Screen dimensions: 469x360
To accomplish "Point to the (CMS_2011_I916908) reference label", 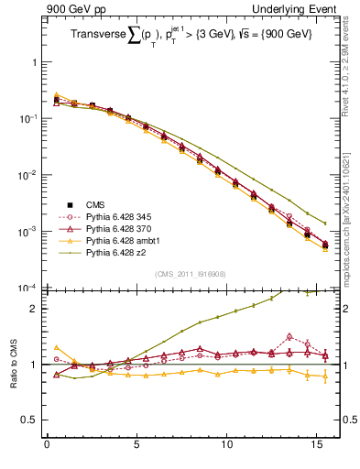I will pos(190,273).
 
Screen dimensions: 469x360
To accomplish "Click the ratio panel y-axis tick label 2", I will pos(34,309).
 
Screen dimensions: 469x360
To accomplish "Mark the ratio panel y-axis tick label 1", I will pos(34,365).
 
